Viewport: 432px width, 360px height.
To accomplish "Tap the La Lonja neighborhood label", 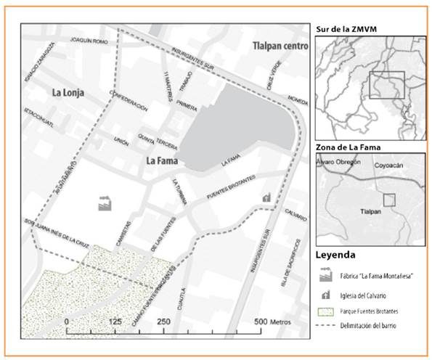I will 69,93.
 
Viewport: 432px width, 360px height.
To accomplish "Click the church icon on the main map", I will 266,196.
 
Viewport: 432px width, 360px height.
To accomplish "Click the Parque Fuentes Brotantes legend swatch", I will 325,313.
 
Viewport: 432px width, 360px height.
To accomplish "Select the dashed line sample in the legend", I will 325,329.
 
